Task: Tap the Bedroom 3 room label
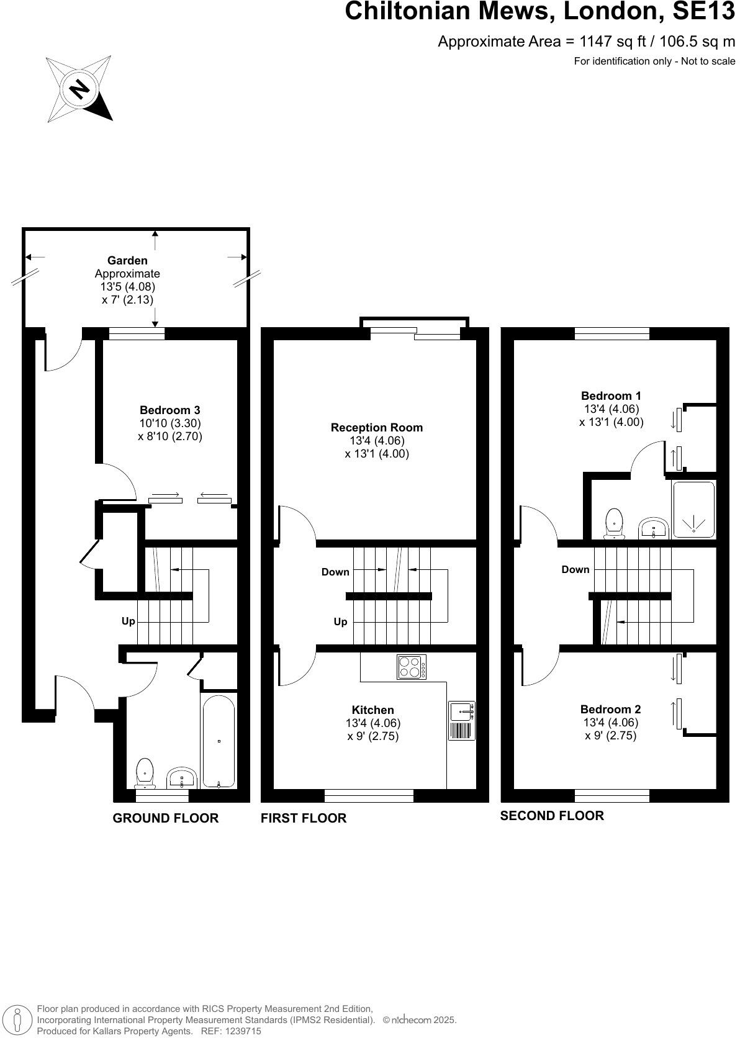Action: pos(169,410)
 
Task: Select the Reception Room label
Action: pos(376,428)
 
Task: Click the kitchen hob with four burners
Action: pos(412,667)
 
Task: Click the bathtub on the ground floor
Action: pos(219,741)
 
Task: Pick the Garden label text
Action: pos(127,261)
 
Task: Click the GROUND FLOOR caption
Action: pos(165,818)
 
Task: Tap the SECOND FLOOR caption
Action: pos(552,816)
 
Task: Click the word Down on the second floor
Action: pos(575,569)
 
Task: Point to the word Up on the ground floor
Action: pos(129,621)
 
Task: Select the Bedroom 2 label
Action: pos(610,709)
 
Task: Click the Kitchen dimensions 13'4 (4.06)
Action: pos(373,723)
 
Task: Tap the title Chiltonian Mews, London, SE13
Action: pos(539,11)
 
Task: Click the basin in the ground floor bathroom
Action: pos(182,777)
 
